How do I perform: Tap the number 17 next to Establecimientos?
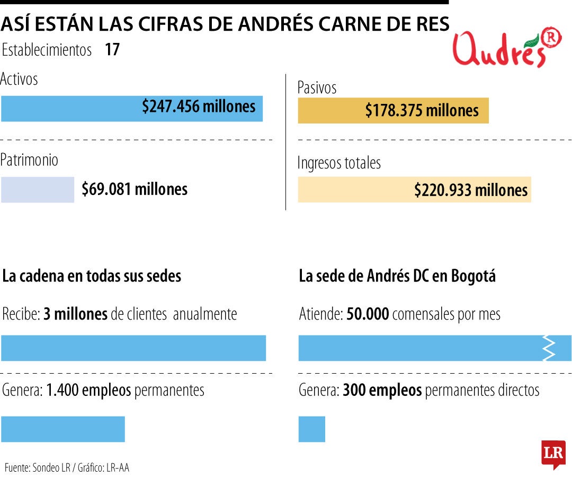(112, 50)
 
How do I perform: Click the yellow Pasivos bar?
(393, 111)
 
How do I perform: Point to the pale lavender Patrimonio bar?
(37, 189)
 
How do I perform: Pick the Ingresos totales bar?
(414, 190)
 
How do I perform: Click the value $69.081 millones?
(135, 189)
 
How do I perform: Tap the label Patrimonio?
(30, 160)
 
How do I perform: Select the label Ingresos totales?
(339, 163)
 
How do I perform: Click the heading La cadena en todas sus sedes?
(92, 276)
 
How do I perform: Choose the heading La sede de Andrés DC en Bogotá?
(397, 276)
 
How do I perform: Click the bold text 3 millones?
(76, 314)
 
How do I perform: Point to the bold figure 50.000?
(368, 314)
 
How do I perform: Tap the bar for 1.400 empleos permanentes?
(63, 429)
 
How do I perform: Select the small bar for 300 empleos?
(312, 429)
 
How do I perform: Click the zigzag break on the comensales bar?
(550, 348)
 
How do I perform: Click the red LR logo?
(553, 454)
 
